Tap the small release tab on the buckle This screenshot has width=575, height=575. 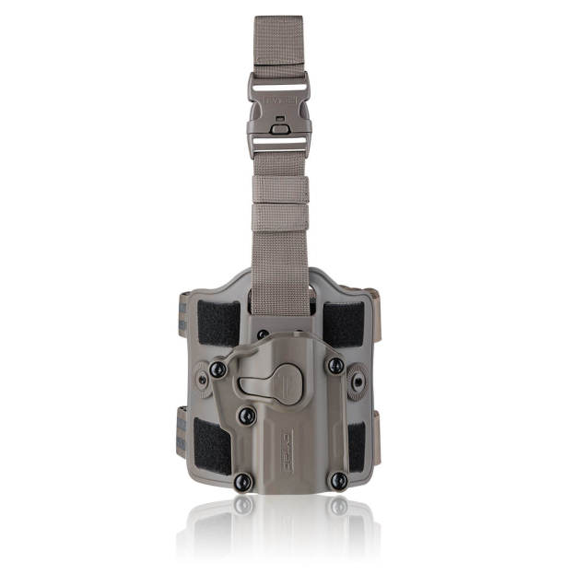pos(278,128)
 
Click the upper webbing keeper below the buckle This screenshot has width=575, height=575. pos(280,190)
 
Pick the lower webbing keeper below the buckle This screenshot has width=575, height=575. pos(280,217)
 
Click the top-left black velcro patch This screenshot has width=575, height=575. pos(218,323)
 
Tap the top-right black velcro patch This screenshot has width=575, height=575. pos(343,323)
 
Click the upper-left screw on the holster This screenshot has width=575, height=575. pos(217,369)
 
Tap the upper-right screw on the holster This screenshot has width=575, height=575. pos(335,366)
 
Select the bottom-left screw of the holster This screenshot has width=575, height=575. pos(242,480)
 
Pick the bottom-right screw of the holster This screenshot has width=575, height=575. pos(338,480)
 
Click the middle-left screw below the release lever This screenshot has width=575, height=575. pos(246,416)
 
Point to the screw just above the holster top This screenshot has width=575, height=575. pos(263,334)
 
